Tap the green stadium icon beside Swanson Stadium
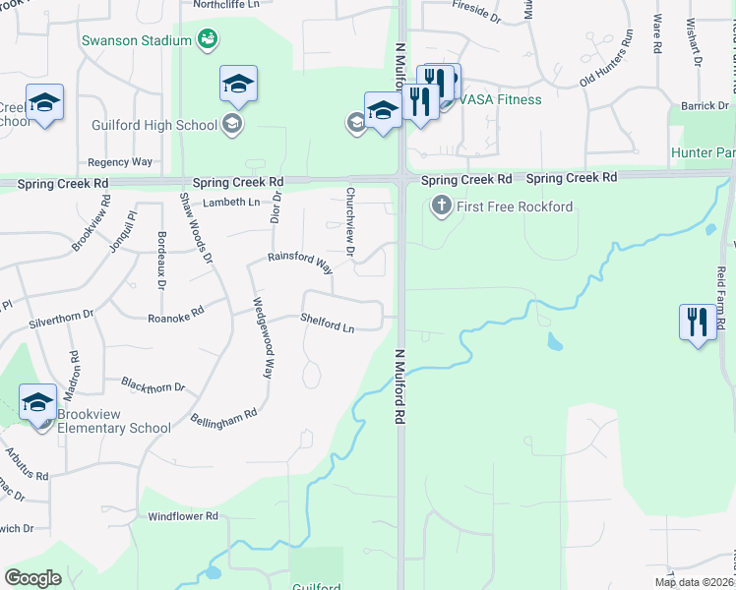(208, 39)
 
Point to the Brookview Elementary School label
(113, 421)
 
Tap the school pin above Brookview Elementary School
(37, 402)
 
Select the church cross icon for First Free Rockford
(441, 206)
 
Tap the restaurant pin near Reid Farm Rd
(698, 323)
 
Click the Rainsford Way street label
(300, 261)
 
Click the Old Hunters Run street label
(607, 58)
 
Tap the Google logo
(32, 577)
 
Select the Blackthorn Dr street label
(153, 384)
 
